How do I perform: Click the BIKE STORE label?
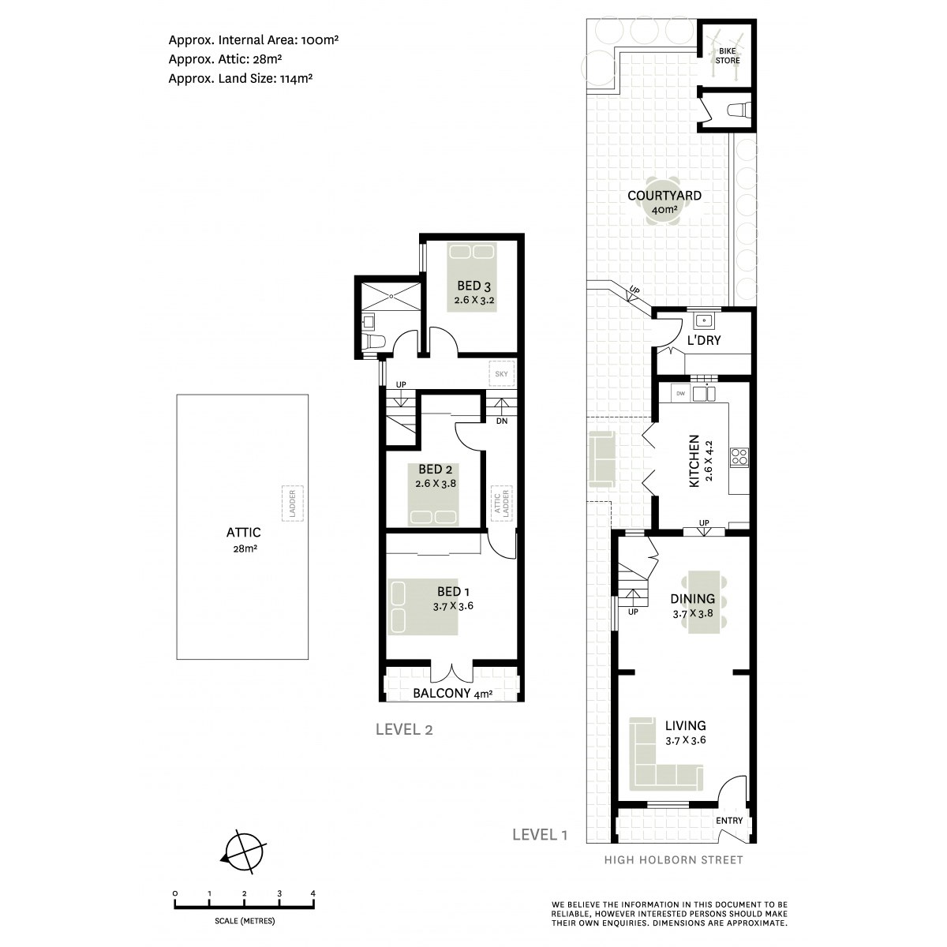click(x=728, y=55)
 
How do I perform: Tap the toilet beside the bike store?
click(x=739, y=109)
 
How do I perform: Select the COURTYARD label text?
click(x=664, y=196)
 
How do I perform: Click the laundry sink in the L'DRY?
click(x=704, y=321)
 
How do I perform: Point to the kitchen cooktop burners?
click(x=739, y=457)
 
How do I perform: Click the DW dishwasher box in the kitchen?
click(x=680, y=394)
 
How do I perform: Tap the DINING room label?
click(x=692, y=598)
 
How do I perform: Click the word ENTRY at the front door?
click(x=729, y=821)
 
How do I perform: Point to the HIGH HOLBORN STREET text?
click(x=673, y=860)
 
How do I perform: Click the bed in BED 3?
click(x=472, y=277)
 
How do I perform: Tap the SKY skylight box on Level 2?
click(x=501, y=374)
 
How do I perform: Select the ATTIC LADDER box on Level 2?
click(x=501, y=503)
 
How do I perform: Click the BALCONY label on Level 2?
click(x=441, y=694)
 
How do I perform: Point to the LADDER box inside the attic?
click(x=293, y=503)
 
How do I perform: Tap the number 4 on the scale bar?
click(x=313, y=893)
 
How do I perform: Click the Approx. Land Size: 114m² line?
click(x=241, y=79)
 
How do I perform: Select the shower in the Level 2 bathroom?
click(x=391, y=296)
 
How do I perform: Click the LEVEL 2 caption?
click(x=404, y=730)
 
